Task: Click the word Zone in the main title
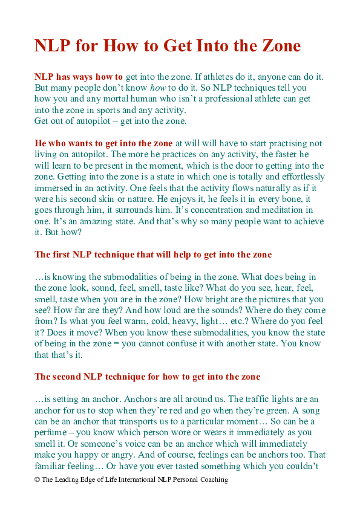(278, 47)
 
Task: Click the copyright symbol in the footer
(38, 479)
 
